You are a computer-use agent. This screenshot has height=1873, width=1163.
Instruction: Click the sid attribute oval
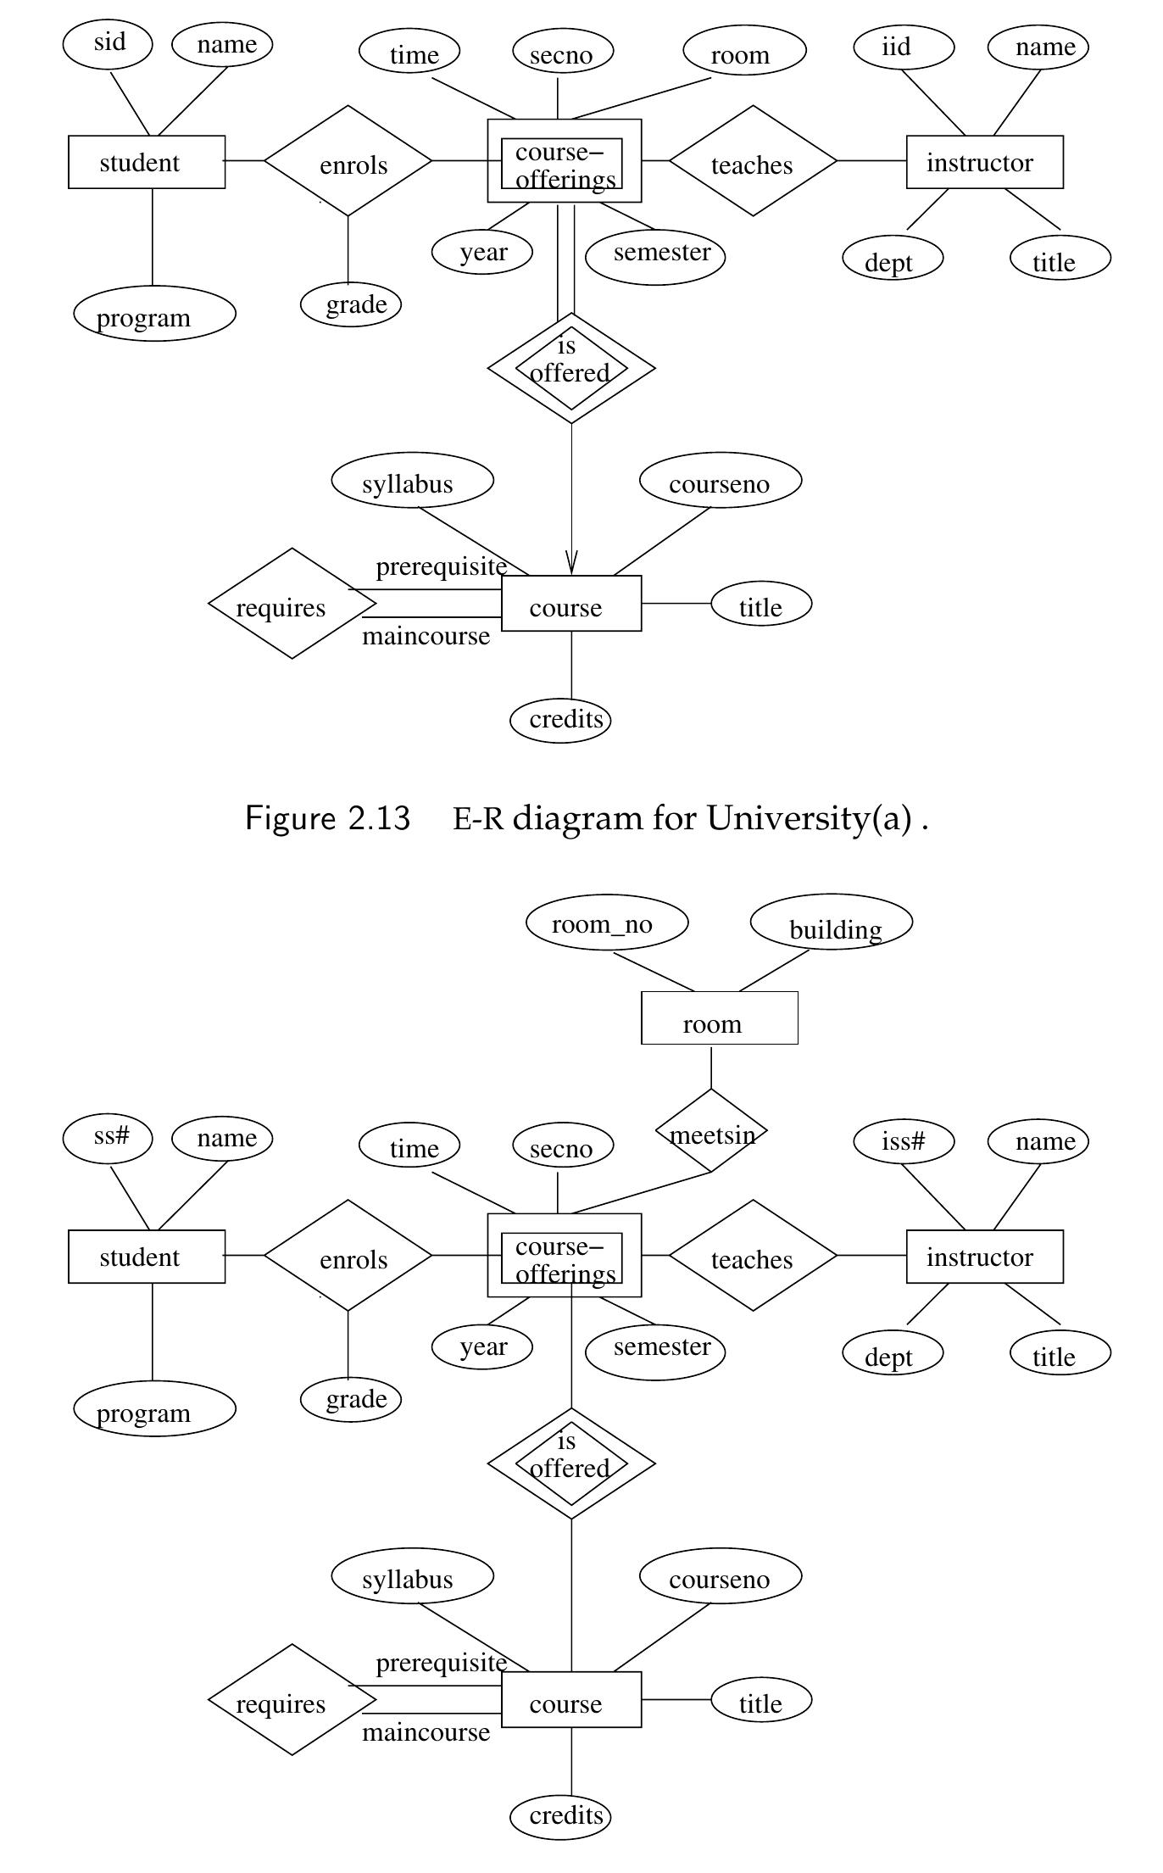[108, 43]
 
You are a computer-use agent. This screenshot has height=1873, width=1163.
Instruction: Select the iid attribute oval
[903, 46]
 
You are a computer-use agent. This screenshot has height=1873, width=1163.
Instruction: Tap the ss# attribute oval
[108, 1137]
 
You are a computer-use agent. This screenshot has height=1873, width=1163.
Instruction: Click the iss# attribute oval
[903, 1141]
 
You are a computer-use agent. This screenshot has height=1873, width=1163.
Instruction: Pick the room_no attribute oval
[606, 923]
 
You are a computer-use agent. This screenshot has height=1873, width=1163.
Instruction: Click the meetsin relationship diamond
[711, 1132]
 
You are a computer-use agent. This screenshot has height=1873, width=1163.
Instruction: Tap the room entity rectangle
[719, 1018]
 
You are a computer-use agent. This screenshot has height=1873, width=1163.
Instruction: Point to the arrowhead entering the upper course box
[571, 565]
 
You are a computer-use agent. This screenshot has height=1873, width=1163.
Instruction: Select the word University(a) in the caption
[810, 818]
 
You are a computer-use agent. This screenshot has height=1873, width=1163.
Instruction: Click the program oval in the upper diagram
[154, 315]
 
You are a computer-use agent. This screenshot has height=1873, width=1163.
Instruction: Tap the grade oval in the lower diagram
[351, 1399]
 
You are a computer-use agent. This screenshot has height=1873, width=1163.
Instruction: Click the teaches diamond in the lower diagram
[753, 1256]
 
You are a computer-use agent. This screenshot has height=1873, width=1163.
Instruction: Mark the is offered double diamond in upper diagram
[571, 368]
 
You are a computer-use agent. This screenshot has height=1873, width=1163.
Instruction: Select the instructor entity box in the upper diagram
[984, 162]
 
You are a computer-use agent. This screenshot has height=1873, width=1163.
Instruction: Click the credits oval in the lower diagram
[560, 1816]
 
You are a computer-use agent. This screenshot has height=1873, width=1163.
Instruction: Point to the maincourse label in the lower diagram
[426, 1732]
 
